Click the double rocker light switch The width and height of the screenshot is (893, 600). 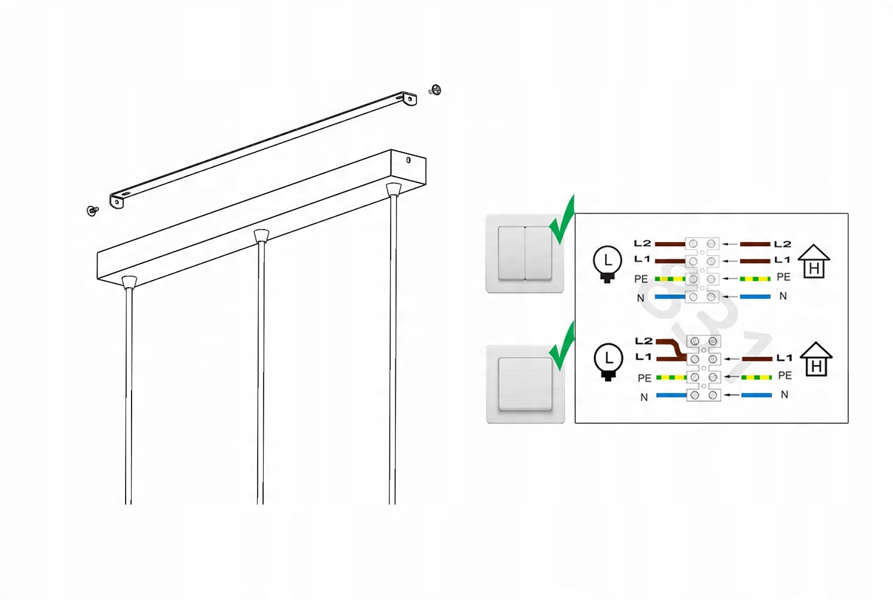(524, 253)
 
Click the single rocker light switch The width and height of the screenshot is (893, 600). (526, 384)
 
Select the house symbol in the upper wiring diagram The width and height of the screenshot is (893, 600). (814, 261)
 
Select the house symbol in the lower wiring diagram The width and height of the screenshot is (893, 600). (816, 359)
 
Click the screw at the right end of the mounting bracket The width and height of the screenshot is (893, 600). (435, 90)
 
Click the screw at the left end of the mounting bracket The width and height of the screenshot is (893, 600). (92, 211)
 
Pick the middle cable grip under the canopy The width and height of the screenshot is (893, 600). (261, 235)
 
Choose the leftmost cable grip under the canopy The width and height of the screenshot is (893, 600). (129, 282)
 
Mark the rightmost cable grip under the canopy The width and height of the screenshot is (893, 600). (393, 189)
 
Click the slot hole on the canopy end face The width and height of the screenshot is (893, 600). (408, 159)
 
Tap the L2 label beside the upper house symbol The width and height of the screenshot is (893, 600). (782, 244)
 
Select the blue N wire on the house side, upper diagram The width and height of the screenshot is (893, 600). (755, 297)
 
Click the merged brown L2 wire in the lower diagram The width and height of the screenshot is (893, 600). (670, 347)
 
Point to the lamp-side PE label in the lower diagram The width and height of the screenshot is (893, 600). (644, 378)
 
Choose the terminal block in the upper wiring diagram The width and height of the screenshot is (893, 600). (702, 270)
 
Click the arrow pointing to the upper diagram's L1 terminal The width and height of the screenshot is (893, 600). (730, 261)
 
